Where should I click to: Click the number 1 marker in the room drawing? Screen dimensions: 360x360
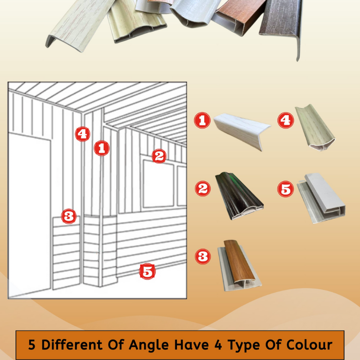tap(102, 148)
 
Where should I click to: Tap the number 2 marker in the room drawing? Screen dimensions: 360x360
tap(158, 156)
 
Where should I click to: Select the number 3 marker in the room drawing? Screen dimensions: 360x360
tap(69, 216)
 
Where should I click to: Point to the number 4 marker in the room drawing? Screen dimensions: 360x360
tap(82, 134)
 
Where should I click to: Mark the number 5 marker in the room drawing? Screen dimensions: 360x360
tap(147, 271)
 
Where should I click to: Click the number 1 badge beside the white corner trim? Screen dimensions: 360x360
tap(202, 120)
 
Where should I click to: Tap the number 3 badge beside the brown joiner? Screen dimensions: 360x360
tap(203, 257)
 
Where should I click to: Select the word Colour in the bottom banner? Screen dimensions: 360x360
tap(308, 345)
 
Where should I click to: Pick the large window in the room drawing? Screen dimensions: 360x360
tap(158, 184)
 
